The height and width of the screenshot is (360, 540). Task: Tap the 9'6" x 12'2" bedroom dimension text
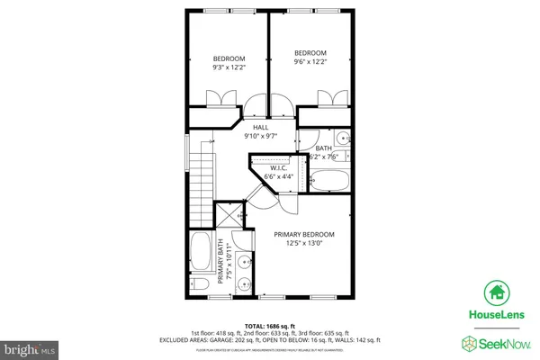tap(310, 62)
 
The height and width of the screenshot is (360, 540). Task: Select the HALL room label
tap(261, 128)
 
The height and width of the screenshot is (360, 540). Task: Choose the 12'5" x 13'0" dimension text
tap(304, 244)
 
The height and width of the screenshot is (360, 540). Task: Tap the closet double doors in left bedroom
tap(218, 98)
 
